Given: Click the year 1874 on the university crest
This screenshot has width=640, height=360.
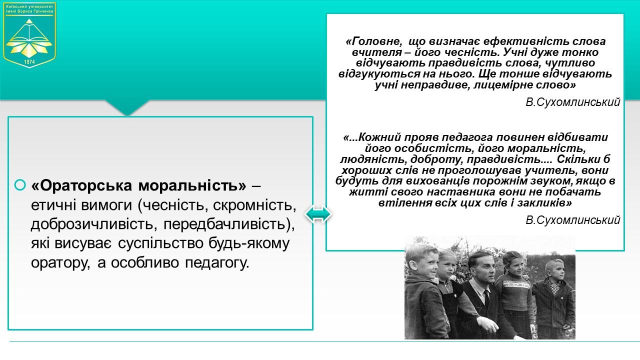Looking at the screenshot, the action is tap(29, 61).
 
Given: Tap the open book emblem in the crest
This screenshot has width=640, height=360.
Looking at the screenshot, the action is tap(29, 31).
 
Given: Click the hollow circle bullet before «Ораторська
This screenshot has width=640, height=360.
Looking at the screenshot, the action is tap(20, 185).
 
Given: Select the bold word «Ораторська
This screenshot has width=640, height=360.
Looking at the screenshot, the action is tap(81, 185).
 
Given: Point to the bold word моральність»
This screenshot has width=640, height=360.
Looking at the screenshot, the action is tap(192, 185).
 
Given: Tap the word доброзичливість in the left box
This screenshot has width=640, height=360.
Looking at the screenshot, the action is tap(94, 224).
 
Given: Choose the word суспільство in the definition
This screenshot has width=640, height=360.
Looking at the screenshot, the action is tap(160, 243).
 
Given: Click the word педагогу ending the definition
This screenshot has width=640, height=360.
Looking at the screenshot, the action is tap(217, 262).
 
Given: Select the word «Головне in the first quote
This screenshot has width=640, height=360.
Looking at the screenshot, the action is tap(373, 41).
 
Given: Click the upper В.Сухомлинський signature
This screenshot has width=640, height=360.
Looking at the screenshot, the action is tap(573, 102).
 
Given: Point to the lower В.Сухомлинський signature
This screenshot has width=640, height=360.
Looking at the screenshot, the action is tap(573, 219).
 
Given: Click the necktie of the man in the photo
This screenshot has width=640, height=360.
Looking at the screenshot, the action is tap(486, 297).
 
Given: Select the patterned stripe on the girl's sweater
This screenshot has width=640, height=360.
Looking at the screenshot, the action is tap(517, 285).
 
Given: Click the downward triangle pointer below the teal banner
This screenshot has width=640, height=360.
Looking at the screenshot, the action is tap(127, 107).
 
